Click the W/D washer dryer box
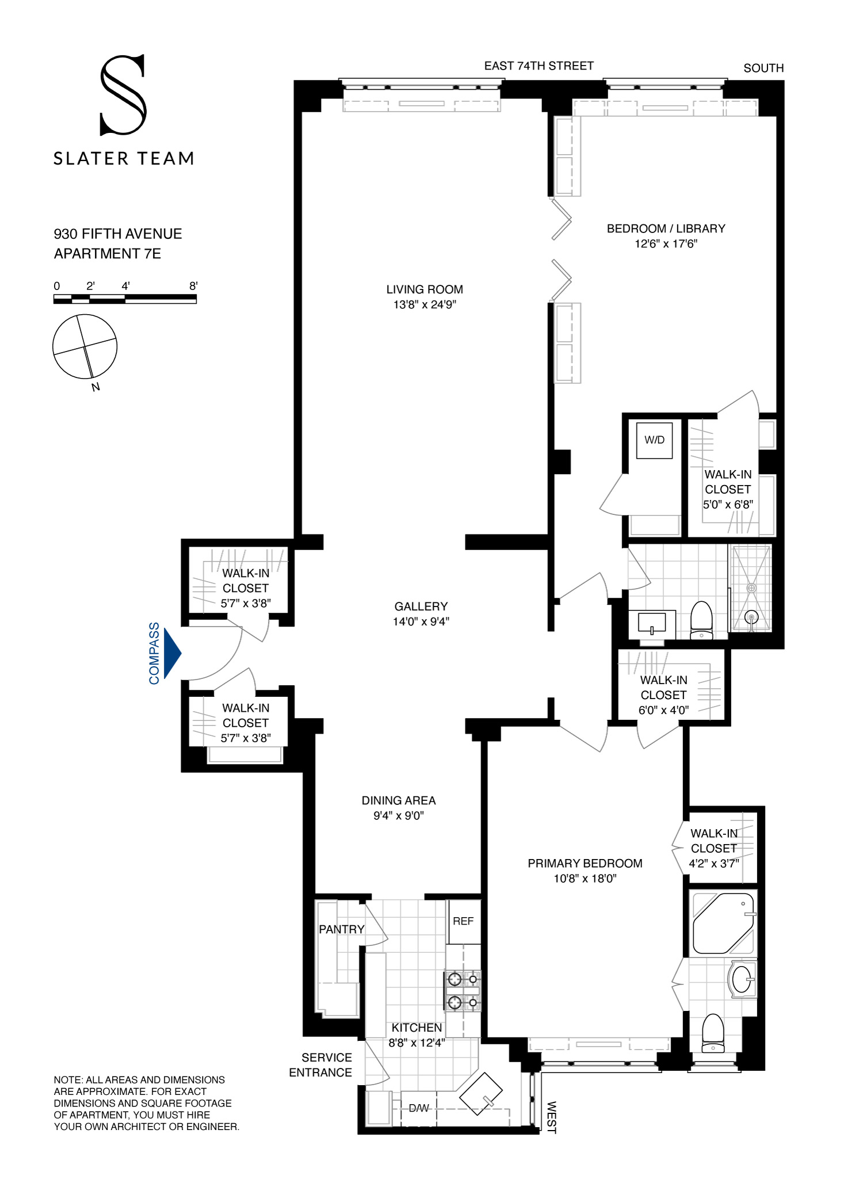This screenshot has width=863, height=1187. click(654, 441)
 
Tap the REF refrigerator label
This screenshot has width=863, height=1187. click(463, 921)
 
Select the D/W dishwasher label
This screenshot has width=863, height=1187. click(419, 1108)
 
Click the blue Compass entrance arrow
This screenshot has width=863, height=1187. click(172, 653)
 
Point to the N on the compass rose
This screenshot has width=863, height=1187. click(96, 387)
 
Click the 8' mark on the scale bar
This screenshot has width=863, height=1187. click(193, 286)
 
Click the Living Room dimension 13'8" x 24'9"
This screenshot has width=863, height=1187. click(425, 305)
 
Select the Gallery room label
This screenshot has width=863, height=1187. click(421, 606)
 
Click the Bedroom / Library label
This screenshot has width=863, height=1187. click(666, 228)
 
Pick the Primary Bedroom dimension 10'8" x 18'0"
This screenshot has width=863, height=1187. click(585, 879)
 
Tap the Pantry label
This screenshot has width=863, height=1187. click(342, 929)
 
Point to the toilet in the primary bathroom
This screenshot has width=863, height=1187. click(713, 1033)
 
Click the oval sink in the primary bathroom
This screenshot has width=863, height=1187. click(742, 979)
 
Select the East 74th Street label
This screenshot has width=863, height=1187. click(539, 66)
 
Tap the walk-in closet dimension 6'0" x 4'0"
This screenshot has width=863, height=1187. click(663, 710)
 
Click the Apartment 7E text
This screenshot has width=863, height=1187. click(108, 254)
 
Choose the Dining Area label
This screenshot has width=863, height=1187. click(398, 800)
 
